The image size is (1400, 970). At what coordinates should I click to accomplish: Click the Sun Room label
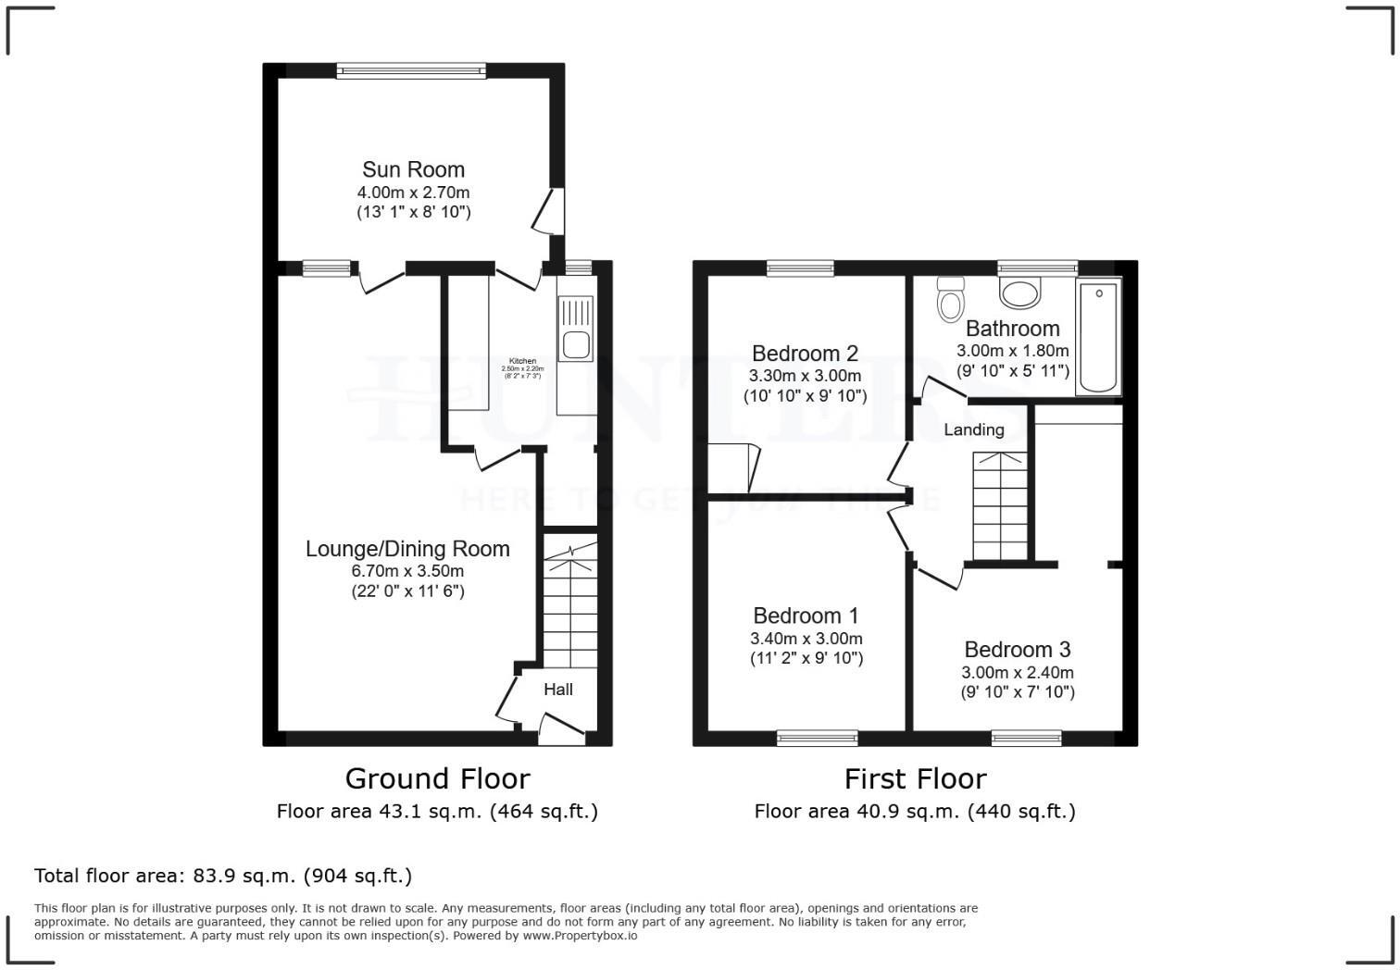tap(413, 169)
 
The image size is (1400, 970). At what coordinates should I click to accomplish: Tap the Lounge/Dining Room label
tap(407, 549)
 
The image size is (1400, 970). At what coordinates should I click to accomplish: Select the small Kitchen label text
tap(522, 361)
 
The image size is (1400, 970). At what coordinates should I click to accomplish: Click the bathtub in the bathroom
tap(1098, 338)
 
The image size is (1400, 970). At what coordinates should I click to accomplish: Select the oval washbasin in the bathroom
tap(1019, 294)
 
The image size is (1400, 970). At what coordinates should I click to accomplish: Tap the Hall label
tap(557, 690)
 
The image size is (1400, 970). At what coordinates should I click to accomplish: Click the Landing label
tap(973, 429)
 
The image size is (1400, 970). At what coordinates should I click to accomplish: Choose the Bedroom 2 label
tap(805, 354)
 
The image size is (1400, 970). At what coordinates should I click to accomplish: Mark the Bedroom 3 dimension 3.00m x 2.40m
tap(1017, 673)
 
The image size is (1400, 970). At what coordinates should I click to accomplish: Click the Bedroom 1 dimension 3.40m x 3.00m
tap(806, 639)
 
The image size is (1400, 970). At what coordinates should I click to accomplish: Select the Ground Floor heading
tap(437, 778)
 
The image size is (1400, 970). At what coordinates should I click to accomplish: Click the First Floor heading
tap(915, 778)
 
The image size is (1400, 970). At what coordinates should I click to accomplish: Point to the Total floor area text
tap(222, 876)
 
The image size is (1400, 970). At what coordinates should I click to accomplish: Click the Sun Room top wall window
tap(410, 70)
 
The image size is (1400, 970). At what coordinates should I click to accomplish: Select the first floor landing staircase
tap(1000, 505)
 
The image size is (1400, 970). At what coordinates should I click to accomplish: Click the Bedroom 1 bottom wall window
tap(817, 738)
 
